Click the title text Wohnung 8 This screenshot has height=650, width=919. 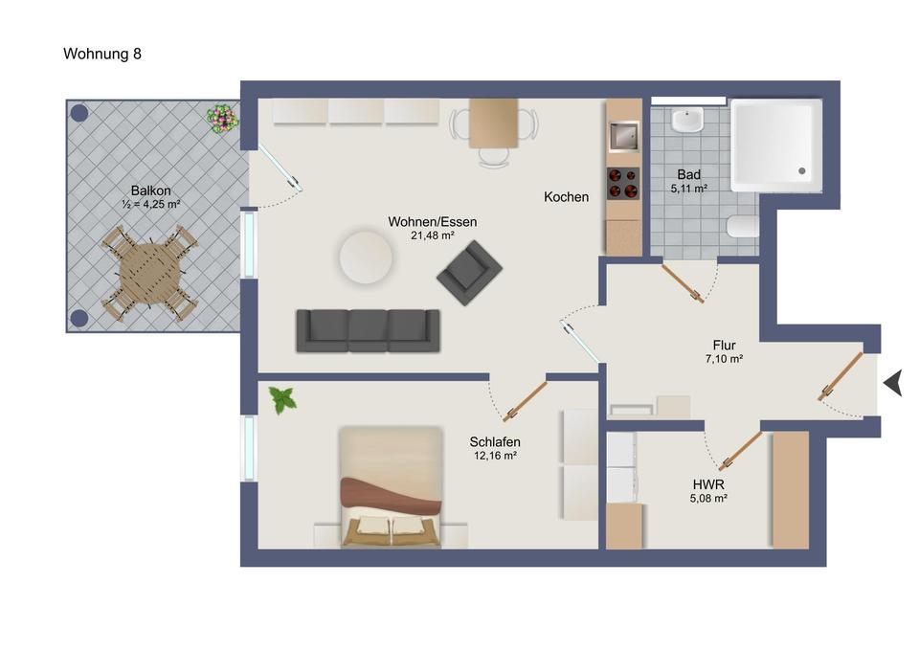click(x=102, y=54)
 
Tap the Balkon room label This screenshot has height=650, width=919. click(x=150, y=191)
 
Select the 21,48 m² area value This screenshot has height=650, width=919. click(x=433, y=235)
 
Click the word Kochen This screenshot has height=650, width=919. click(x=566, y=197)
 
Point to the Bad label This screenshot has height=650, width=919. click(x=688, y=174)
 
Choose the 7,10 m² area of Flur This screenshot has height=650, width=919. click(x=725, y=359)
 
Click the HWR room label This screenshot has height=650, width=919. click(x=708, y=484)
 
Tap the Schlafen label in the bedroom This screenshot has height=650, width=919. click(x=495, y=442)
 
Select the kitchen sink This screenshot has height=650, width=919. click(x=623, y=136)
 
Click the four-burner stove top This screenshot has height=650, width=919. click(x=623, y=184)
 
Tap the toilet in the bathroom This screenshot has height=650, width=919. click(x=743, y=227)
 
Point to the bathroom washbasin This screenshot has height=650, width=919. click(x=687, y=121)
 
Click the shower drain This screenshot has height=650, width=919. click(x=802, y=171)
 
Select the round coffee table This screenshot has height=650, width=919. click(x=366, y=258)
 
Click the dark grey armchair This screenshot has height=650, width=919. click(x=469, y=273)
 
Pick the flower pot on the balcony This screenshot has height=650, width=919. click(x=223, y=119)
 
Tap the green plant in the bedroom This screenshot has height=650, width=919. click(x=283, y=400)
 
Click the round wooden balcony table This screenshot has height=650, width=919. click(x=150, y=273)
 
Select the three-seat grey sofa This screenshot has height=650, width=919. click(x=368, y=331)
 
